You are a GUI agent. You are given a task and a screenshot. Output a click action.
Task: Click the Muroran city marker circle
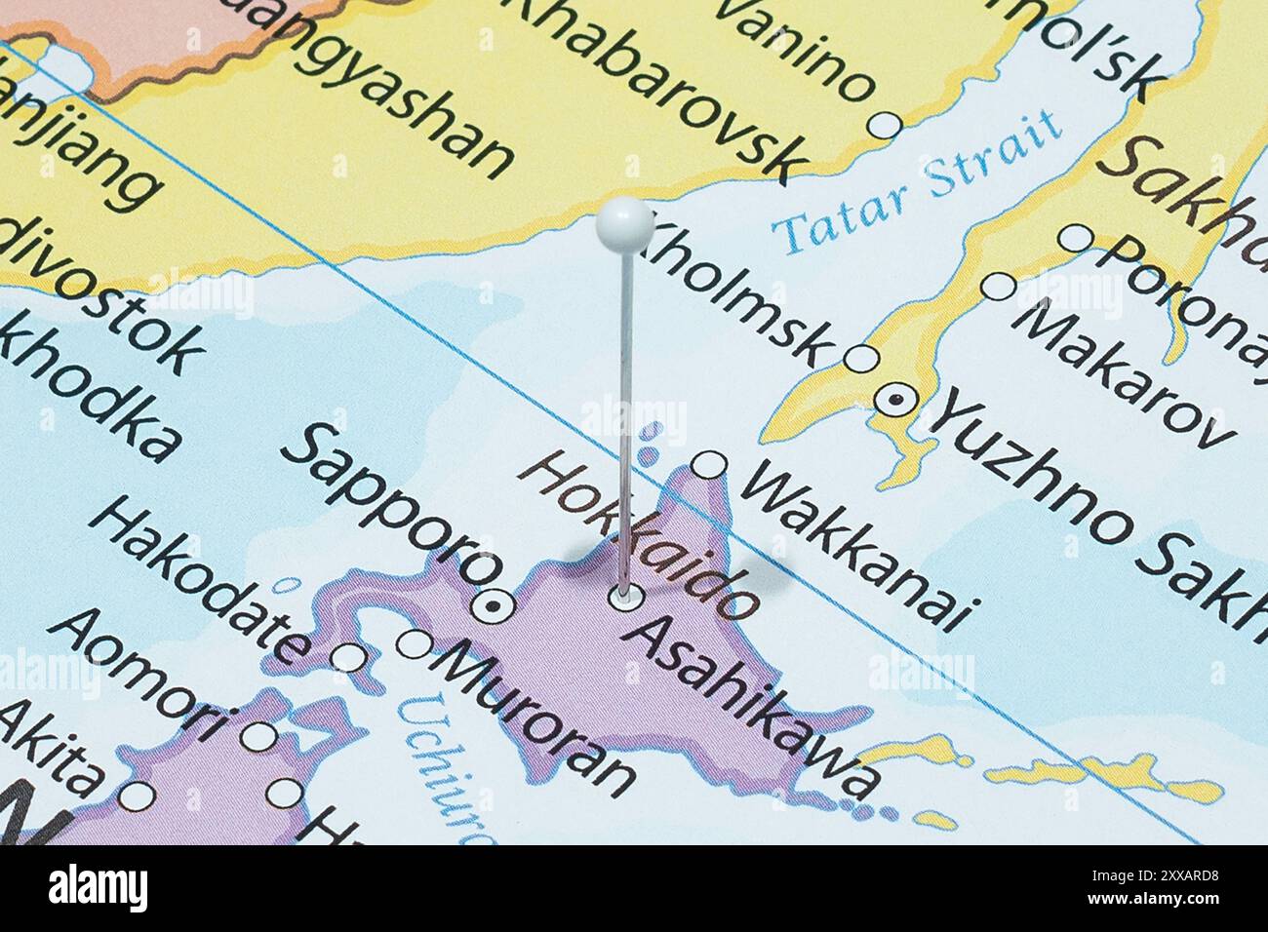[414, 643]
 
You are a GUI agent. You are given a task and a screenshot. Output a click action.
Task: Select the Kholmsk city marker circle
[861, 358]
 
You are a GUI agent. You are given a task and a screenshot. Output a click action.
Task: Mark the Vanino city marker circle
[885, 125]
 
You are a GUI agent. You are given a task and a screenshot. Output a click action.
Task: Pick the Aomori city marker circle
[258, 736]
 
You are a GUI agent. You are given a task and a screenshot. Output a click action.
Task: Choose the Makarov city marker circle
[998, 287]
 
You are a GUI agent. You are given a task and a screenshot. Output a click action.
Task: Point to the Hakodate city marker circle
[348, 658]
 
